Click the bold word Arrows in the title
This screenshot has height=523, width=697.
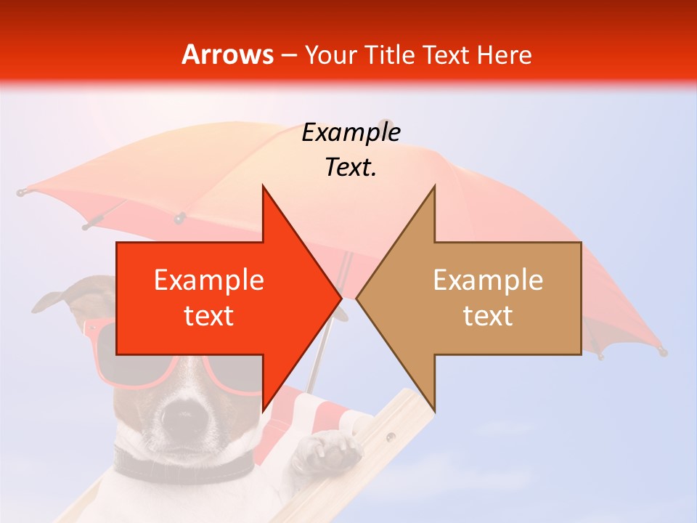coord(228,54)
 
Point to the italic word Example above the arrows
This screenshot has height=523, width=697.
coord(351,132)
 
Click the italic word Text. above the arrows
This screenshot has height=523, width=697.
coord(351,167)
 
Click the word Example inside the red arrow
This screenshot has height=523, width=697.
coord(209,280)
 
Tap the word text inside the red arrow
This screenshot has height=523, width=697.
coord(209,316)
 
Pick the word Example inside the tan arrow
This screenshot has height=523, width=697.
coord(488,280)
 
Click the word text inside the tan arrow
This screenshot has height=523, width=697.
coord(488,316)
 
